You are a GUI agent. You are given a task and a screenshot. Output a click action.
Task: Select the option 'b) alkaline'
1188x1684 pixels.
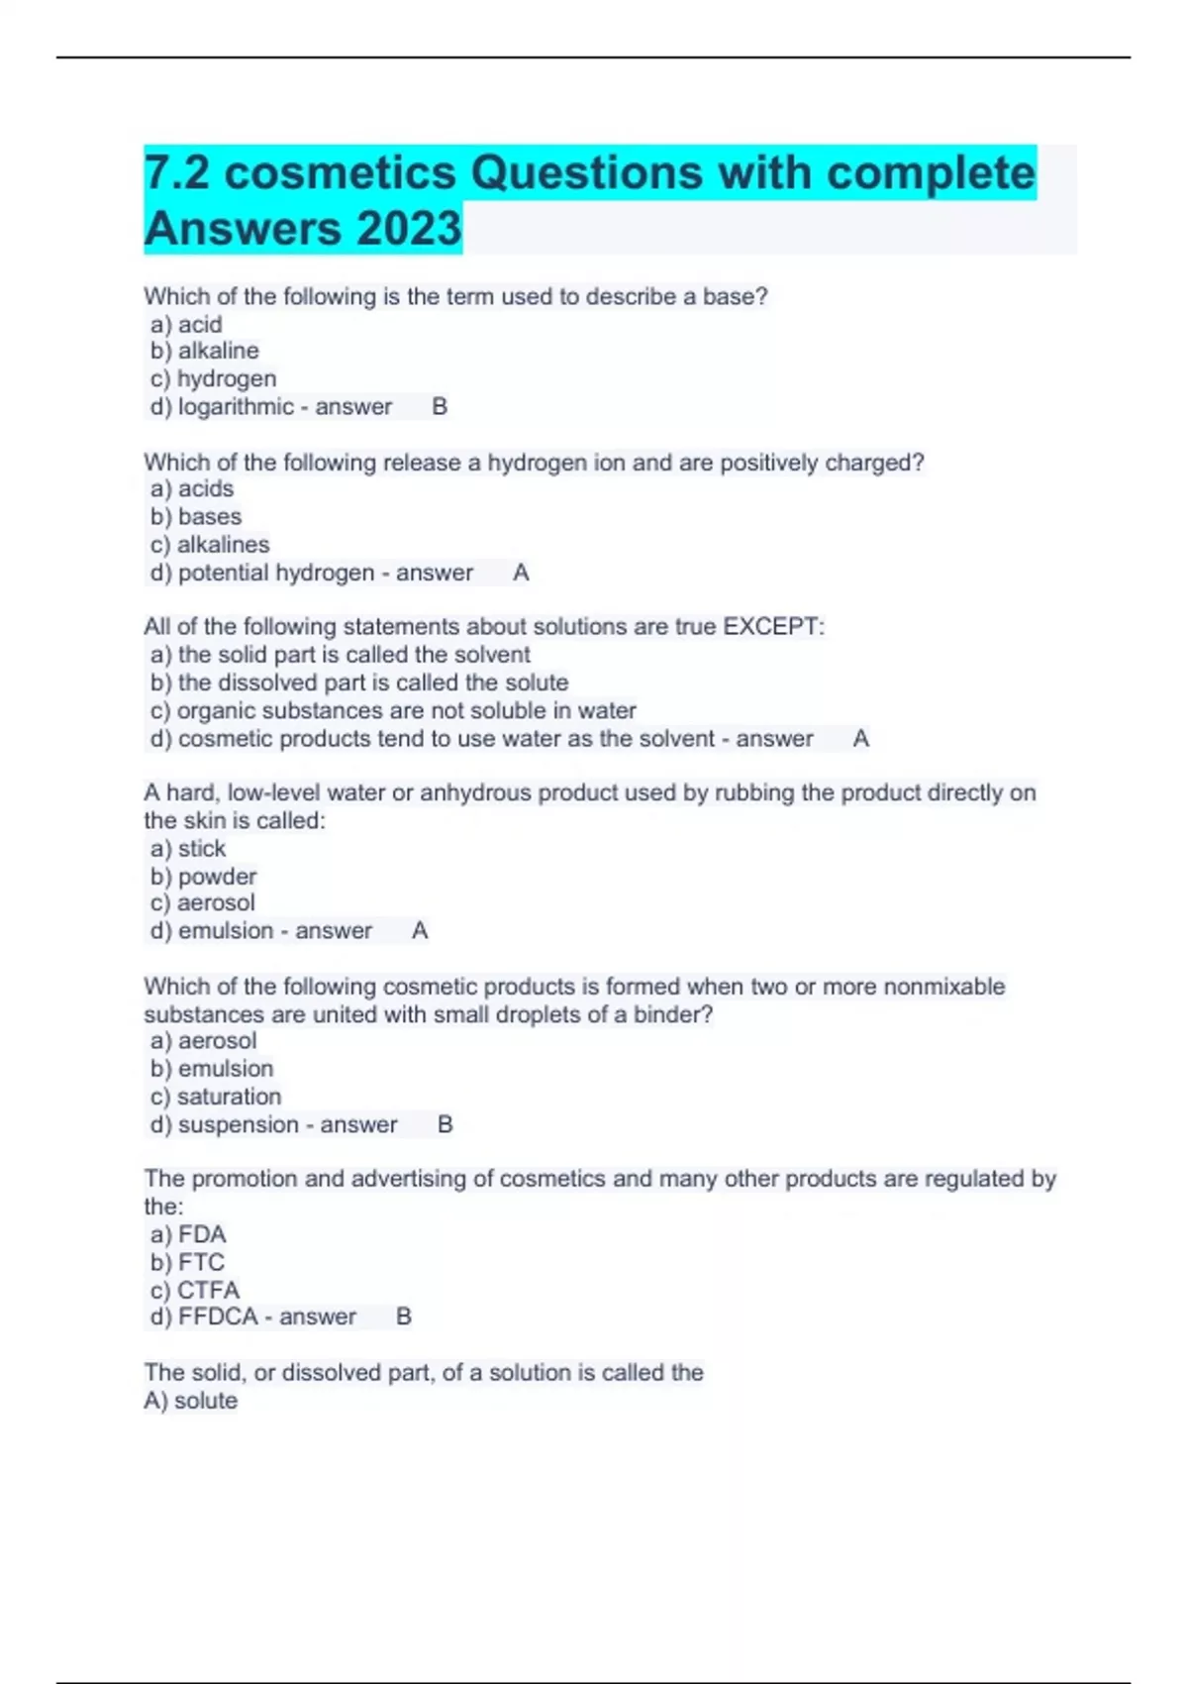tap(205, 351)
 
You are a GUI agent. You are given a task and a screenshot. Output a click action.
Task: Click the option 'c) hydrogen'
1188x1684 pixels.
tap(213, 378)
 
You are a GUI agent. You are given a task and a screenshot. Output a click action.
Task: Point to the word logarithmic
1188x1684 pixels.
tap(236, 407)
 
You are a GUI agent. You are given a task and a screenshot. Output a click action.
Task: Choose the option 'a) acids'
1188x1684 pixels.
tap(192, 488)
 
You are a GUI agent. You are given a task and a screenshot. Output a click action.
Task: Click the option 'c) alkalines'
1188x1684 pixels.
tap(210, 545)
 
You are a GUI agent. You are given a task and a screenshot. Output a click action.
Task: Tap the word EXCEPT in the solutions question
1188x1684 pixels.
tap(771, 627)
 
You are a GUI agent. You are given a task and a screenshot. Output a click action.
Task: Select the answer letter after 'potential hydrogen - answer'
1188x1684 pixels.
tap(521, 573)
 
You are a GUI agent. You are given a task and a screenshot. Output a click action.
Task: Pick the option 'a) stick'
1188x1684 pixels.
tap(188, 849)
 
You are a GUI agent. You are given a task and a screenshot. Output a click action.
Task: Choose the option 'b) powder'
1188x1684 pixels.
tap(203, 877)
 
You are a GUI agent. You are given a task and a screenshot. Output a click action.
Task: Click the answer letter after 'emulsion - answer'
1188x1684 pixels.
tap(420, 931)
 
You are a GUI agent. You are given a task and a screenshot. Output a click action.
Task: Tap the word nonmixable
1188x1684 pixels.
tap(943, 987)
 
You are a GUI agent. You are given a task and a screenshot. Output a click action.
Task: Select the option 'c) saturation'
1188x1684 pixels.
tap(216, 1097)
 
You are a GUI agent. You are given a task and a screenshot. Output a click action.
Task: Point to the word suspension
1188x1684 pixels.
tap(238, 1125)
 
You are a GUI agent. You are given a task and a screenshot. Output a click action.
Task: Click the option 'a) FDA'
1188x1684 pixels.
tap(188, 1234)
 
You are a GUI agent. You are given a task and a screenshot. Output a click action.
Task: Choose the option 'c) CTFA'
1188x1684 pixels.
tap(195, 1290)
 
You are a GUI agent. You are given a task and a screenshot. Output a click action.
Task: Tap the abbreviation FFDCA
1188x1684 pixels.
tap(218, 1317)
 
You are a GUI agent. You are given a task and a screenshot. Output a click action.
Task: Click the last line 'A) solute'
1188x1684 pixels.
tap(191, 1401)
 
